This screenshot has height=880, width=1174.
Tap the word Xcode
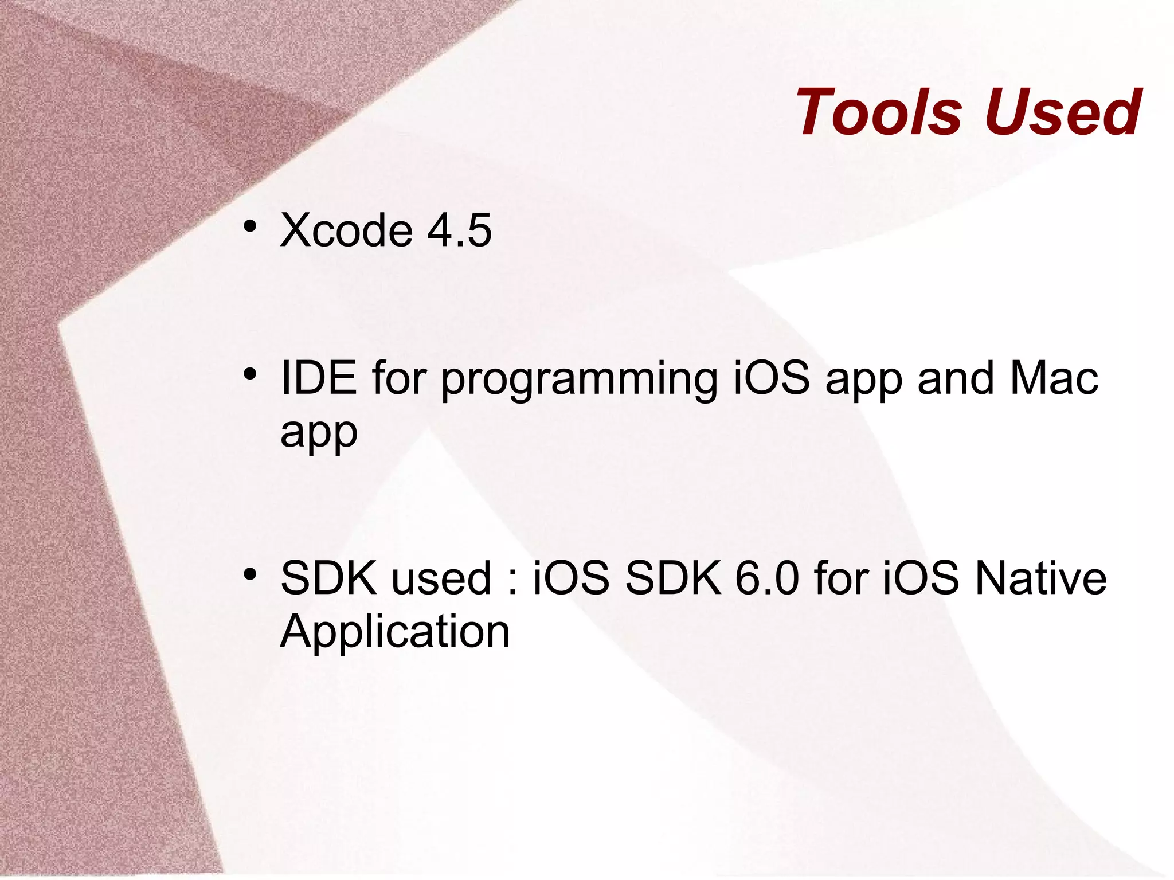click(x=346, y=230)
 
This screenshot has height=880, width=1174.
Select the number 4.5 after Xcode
click(x=459, y=230)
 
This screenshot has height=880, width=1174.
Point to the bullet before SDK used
click(x=249, y=574)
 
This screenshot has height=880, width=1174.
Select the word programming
click(x=579, y=380)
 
